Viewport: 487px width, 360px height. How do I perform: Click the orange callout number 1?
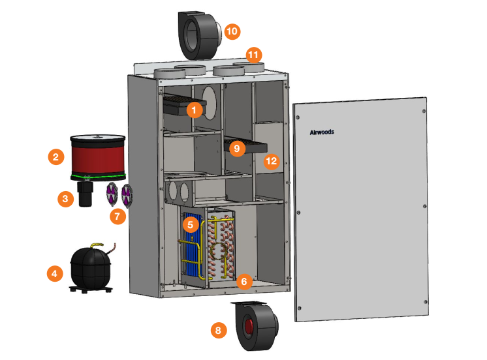tap(193, 110)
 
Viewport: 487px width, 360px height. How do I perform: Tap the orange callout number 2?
tap(57, 157)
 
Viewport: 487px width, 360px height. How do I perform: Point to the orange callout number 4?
tap(55, 273)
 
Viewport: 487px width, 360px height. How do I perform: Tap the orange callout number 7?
tap(118, 216)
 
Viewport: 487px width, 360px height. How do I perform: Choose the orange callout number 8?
tap(219, 331)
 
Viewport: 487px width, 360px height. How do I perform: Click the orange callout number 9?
tap(237, 148)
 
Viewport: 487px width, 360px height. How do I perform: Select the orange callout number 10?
tap(232, 31)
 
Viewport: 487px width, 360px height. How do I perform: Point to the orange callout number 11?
tap(253, 54)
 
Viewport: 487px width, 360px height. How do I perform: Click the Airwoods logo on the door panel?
tap(322, 132)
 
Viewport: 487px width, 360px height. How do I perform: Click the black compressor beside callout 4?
tap(91, 269)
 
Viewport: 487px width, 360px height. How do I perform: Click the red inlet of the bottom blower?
tap(249, 327)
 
